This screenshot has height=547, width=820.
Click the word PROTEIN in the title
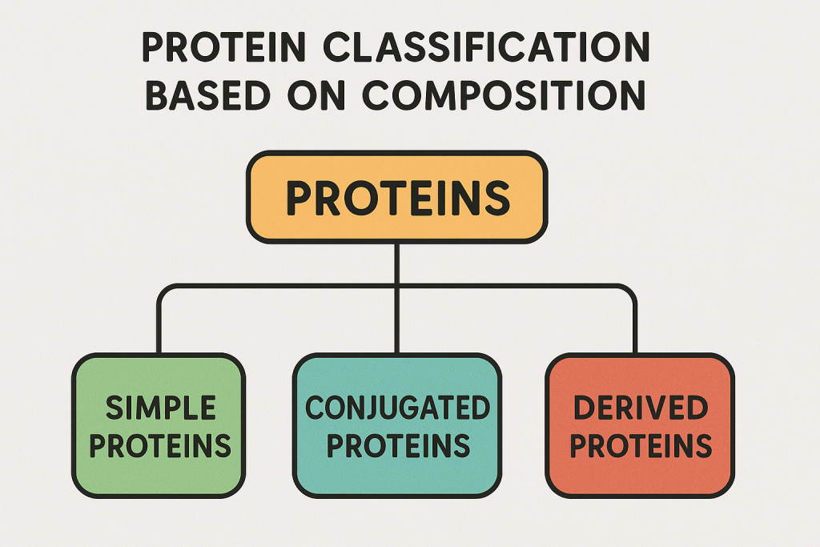tap(223, 47)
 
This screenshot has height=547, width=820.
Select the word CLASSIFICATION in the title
tap(486, 47)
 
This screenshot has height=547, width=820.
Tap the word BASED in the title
tap(207, 95)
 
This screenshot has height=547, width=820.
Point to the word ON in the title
tap(316, 95)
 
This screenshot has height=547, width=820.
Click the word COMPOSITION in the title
tap(504, 95)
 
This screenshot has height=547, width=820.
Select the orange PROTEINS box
tap(397, 197)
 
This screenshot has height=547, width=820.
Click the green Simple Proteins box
tap(159, 426)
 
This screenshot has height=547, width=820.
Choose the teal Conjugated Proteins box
tap(397, 426)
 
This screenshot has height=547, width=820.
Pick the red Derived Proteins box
tap(640, 426)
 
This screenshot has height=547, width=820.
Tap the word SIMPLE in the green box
tap(160, 408)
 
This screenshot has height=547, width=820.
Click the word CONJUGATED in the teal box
tap(397, 408)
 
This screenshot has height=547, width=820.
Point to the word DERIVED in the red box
tap(641, 408)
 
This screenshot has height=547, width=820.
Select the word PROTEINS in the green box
tap(160, 445)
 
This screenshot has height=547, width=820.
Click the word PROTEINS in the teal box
tap(398, 445)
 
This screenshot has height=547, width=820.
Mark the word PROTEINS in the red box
tap(641, 445)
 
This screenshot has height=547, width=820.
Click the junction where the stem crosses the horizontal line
tap(397, 287)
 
